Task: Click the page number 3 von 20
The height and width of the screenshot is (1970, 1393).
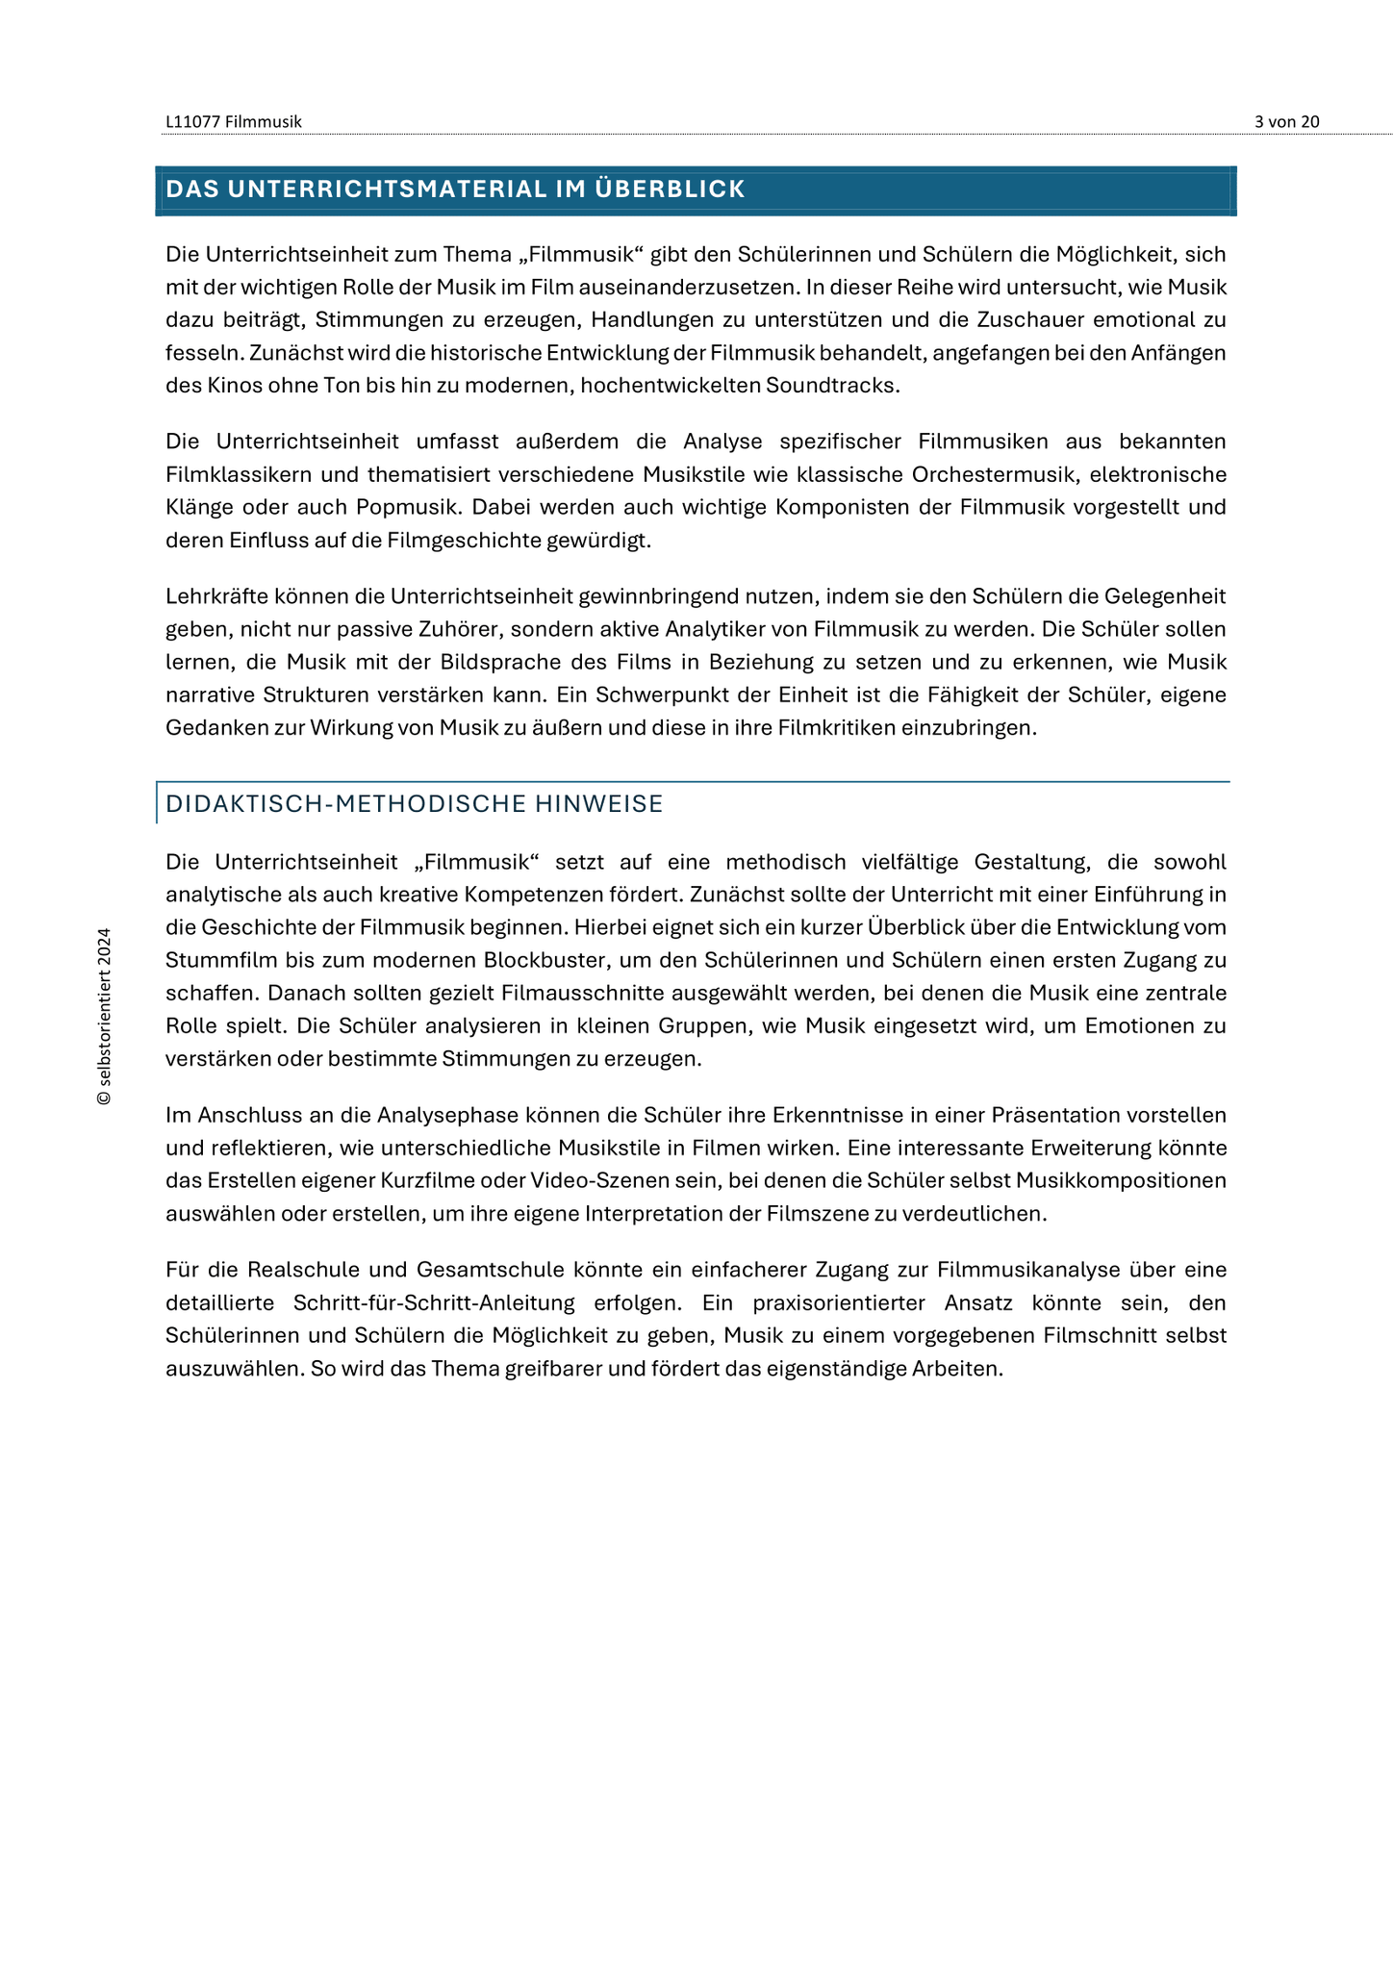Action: point(1286,121)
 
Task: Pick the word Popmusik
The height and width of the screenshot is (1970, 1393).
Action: point(409,507)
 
